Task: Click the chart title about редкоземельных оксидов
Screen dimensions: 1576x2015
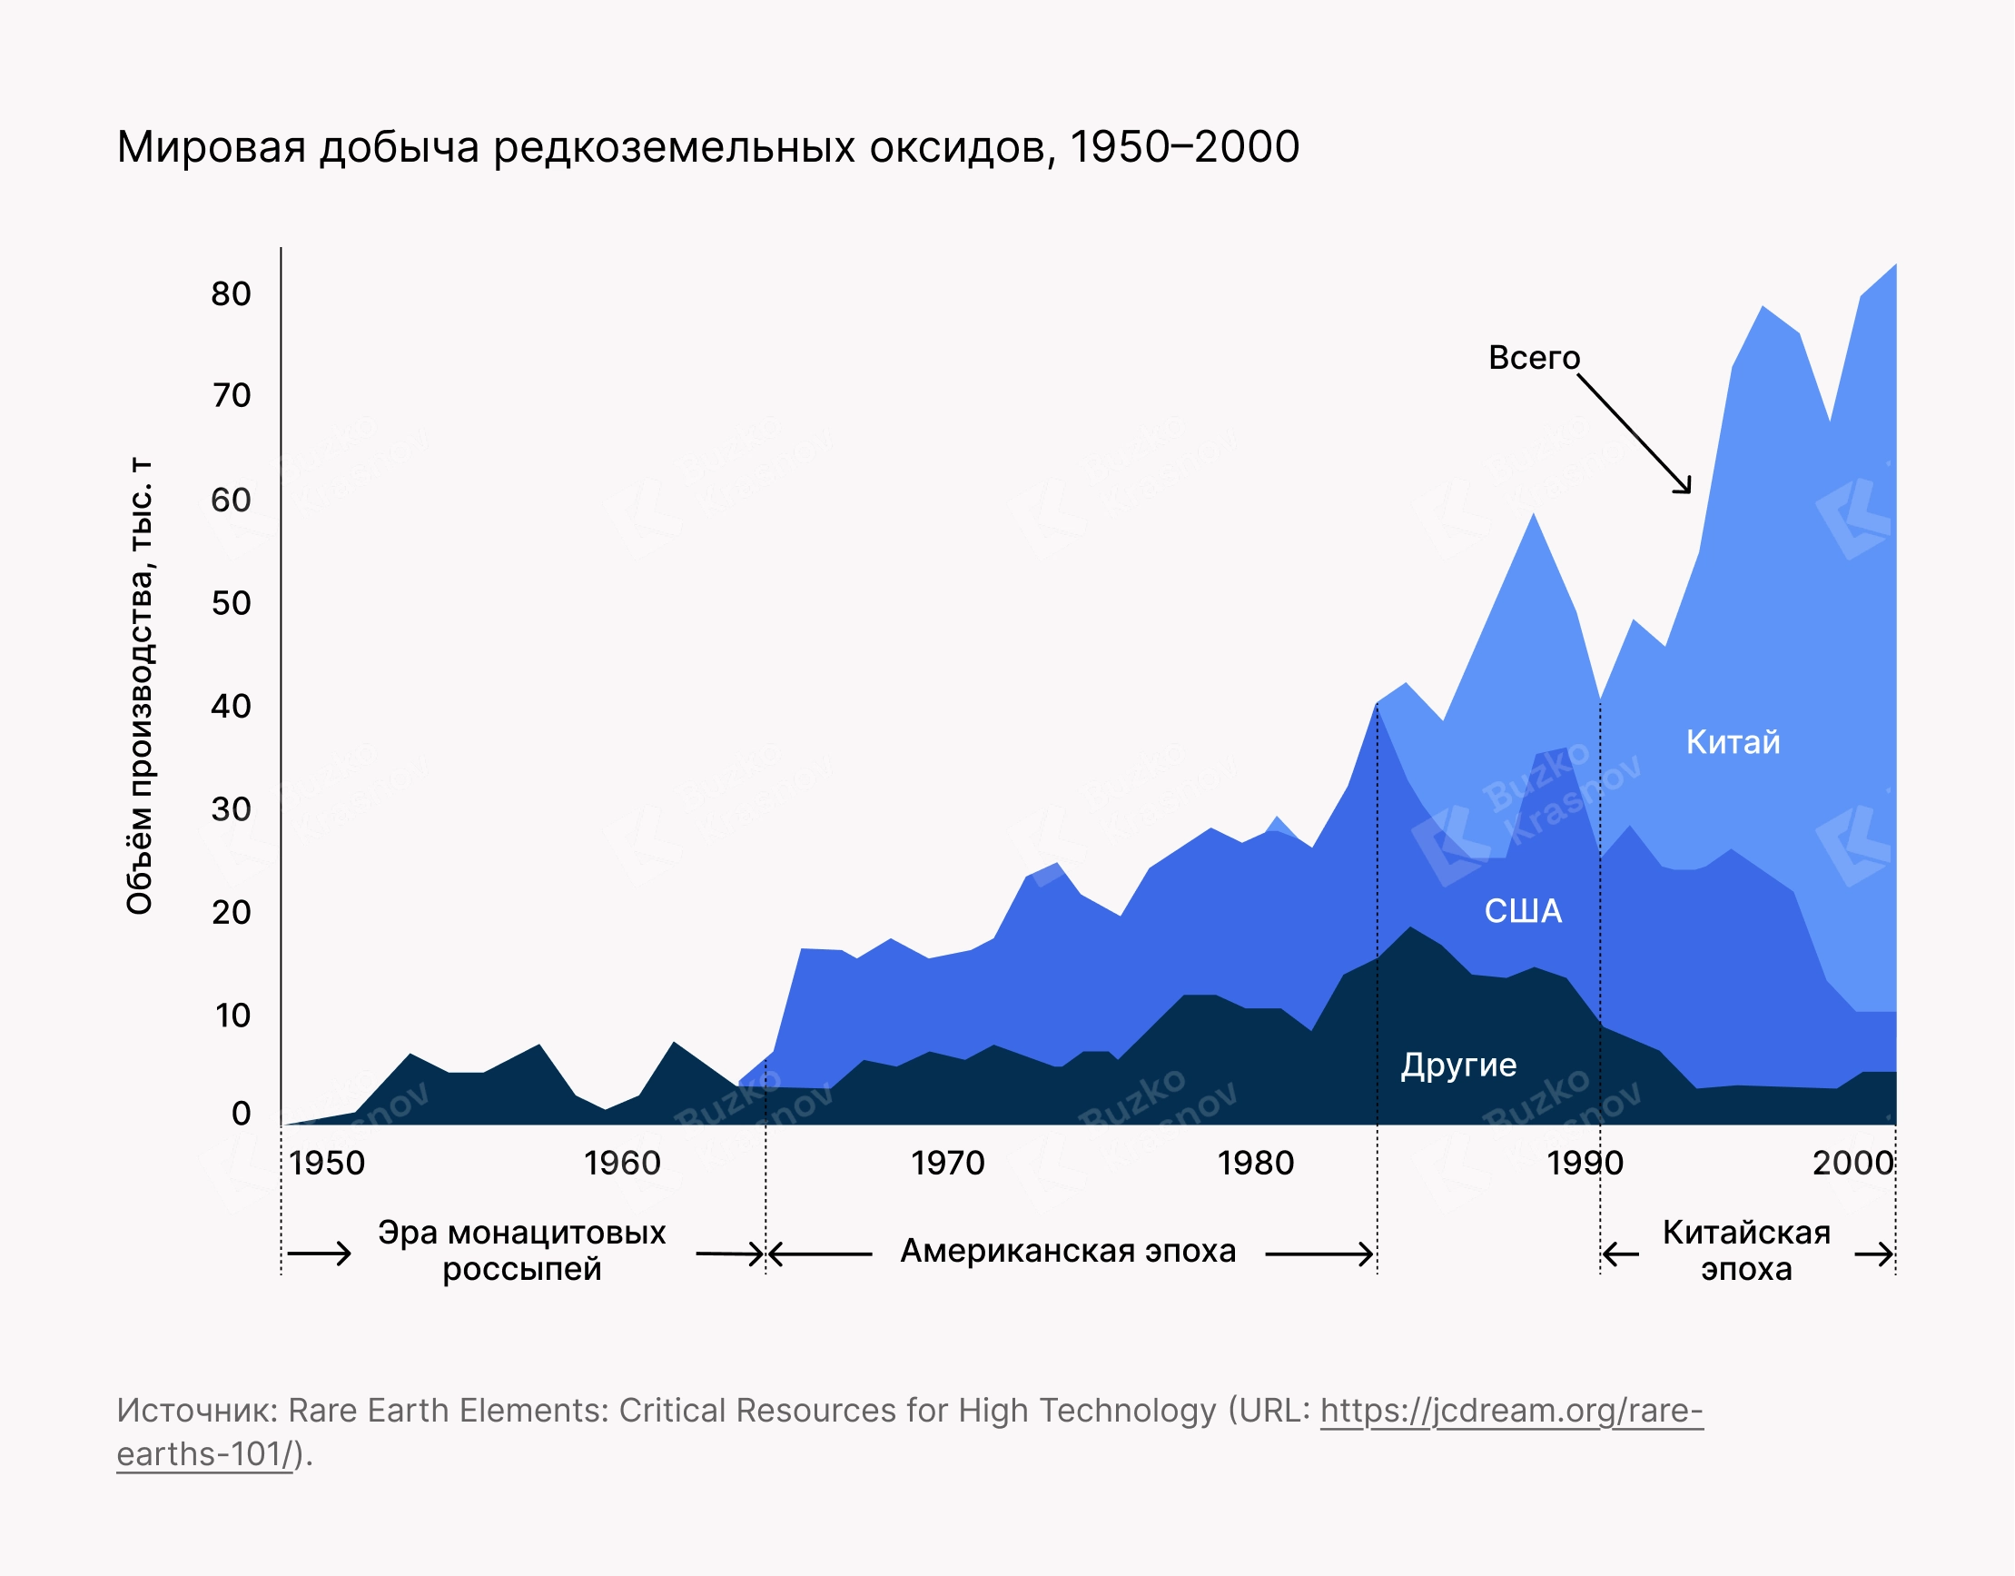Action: (707, 148)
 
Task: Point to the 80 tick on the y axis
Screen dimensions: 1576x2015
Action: (231, 294)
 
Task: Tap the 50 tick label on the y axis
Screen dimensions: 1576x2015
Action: (231, 603)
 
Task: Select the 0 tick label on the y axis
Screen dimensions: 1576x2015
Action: (241, 1114)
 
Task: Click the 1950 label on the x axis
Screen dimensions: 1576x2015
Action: (327, 1164)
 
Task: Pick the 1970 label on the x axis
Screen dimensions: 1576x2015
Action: (947, 1164)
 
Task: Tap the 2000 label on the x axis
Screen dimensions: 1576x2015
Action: (1852, 1164)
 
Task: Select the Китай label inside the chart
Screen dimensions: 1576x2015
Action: (1733, 743)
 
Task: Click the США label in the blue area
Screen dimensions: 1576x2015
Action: (1523, 912)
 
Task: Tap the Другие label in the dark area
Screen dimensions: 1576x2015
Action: (1458, 1066)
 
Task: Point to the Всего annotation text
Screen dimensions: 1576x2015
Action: (1535, 358)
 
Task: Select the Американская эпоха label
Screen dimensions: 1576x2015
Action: (1068, 1251)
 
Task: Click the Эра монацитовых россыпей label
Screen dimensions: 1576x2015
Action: (521, 1251)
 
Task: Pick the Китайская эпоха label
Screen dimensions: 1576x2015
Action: (1746, 1251)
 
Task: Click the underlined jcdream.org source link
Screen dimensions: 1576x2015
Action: (1511, 1411)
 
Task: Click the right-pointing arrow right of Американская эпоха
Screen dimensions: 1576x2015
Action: (1319, 1254)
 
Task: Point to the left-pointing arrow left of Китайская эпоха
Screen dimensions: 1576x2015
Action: (1620, 1254)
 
